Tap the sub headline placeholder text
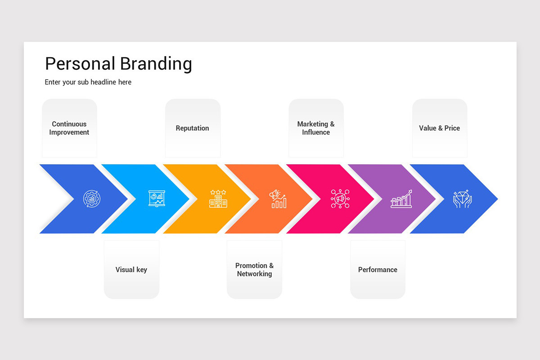pos(88,82)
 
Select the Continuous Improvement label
pos(69,128)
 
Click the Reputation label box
pos(193,128)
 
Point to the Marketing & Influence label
pos(316,128)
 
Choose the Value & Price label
pos(439,128)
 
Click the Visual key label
pos(131,270)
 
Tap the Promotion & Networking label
pos(254,270)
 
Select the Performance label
pos(378,270)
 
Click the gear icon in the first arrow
pos(92,198)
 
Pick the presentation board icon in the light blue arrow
pos(157,198)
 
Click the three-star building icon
pos(218,198)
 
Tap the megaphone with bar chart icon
pos(278,198)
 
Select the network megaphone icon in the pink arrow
pos(340,198)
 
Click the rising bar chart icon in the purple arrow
pos(401,198)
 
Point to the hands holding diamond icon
pos(462,198)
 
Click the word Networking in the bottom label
pos(254,274)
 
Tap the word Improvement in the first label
pos(69,132)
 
